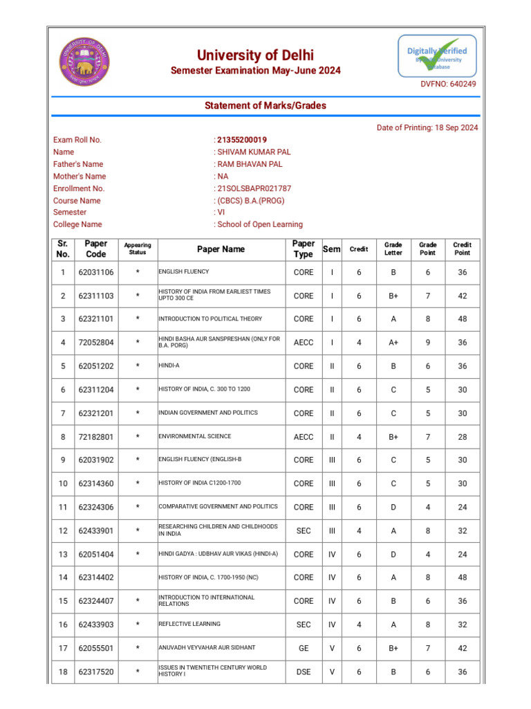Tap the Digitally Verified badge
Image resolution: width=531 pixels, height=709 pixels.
[x=436, y=56]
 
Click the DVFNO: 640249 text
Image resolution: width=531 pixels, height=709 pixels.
[x=448, y=84]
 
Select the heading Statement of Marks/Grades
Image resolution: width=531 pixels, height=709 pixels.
[x=265, y=105]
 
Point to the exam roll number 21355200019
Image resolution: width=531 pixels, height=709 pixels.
[x=242, y=140]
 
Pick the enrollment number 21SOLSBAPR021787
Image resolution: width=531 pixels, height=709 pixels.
[x=254, y=188]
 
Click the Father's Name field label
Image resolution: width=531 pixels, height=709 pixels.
[x=78, y=164]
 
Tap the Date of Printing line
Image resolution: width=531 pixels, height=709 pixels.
[x=427, y=127]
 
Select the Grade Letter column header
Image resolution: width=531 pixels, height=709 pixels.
[x=393, y=249]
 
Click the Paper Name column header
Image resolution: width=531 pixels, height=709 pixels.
[x=221, y=249]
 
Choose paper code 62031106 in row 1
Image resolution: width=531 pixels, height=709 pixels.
[x=96, y=272]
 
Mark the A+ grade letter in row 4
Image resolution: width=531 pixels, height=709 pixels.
[x=393, y=343]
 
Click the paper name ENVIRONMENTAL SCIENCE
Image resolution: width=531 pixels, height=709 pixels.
[x=194, y=437]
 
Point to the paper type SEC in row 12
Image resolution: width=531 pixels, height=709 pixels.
[x=304, y=531]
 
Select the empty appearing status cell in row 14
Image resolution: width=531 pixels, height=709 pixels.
[x=138, y=577]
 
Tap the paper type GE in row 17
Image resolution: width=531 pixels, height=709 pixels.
[x=304, y=648]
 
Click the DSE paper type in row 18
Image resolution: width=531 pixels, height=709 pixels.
[x=304, y=672]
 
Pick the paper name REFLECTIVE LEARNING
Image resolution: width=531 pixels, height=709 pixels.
[x=189, y=625]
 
